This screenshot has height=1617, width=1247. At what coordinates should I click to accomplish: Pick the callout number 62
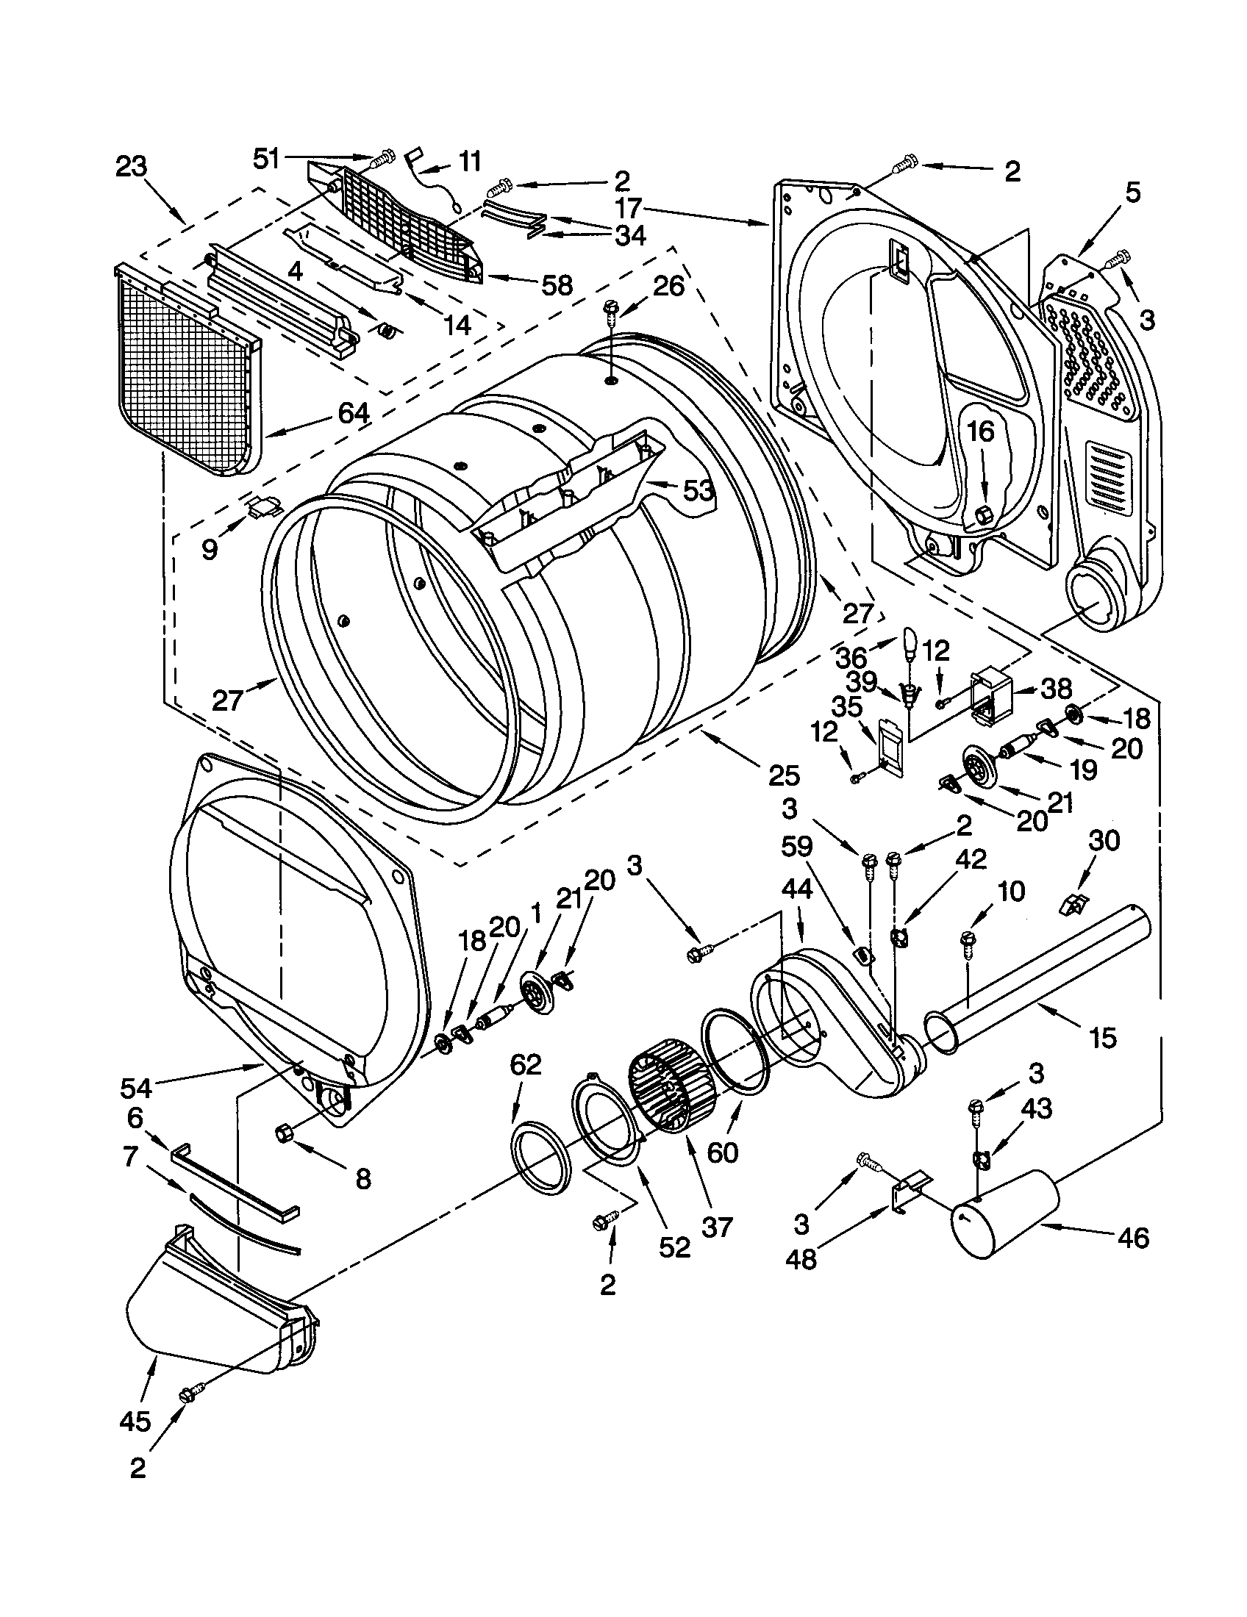tap(526, 1064)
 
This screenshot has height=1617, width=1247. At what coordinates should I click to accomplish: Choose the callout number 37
tap(717, 1227)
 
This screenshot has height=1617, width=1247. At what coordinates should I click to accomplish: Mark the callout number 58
tap(557, 285)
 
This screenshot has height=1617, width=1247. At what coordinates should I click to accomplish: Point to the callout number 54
tap(136, 1088)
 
